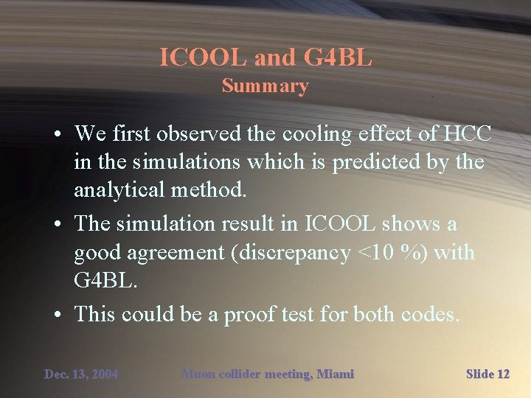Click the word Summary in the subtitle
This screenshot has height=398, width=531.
(x=265, y=86)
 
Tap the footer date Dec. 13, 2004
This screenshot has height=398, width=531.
(x=81, y=374)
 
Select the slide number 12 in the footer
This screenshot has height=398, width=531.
(x=503, y=374)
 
